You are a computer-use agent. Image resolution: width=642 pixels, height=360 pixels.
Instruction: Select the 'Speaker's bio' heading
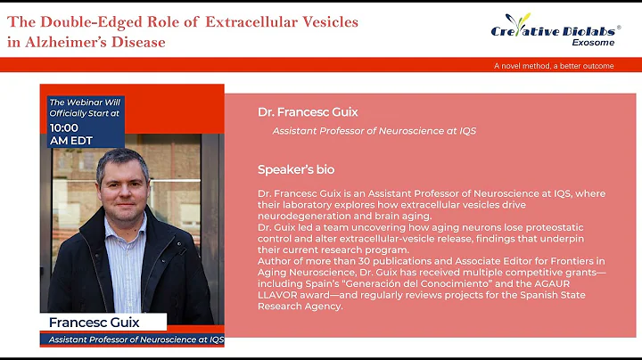pos(296,169)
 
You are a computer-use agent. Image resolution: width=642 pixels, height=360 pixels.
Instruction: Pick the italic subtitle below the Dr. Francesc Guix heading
pos(374,131)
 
